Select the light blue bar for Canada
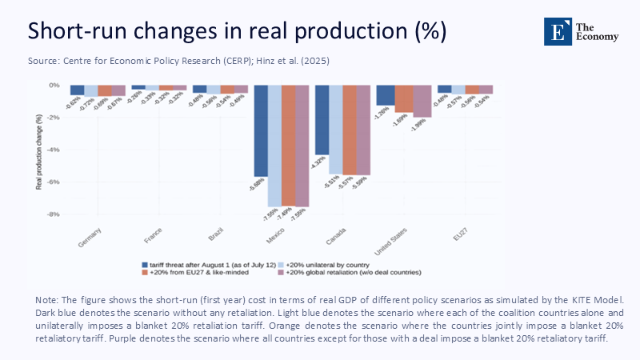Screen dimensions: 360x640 [x=336, y=129]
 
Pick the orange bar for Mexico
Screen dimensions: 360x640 [x=289, y=145]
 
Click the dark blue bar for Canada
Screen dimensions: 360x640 [x=322, y=119]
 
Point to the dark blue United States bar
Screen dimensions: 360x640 [x=383, y=95]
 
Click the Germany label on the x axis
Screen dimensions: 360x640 [x=91, y=237]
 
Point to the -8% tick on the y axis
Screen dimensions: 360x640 [x=53, y=214]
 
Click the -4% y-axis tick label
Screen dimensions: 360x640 [x=53, y=150]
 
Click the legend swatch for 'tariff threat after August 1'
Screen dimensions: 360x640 [x=144, y=264]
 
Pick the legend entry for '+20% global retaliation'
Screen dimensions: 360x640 [x=346, y=272]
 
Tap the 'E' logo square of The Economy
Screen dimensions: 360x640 [x=556, y=30]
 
